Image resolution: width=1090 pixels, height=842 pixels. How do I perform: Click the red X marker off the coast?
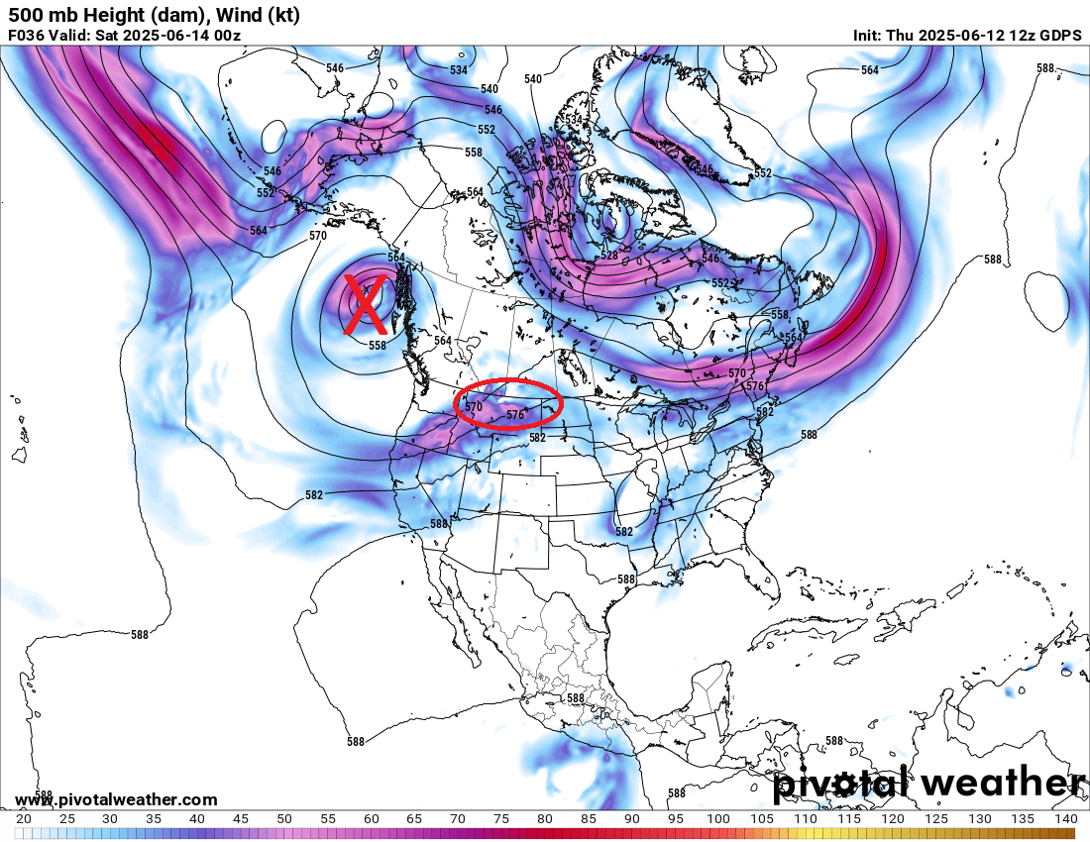(366, 303)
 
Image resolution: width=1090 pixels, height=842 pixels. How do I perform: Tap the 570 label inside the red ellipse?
(474, 406)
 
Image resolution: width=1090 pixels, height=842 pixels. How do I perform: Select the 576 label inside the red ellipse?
(514, 415)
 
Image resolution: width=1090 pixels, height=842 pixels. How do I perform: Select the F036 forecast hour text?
(27, 36)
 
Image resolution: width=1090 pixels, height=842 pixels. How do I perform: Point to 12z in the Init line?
(1015, 36)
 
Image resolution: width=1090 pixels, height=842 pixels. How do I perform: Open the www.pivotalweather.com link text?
(116, 799)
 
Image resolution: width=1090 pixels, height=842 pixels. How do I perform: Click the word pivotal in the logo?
(843, 783)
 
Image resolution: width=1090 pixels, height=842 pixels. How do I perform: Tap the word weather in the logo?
(1002, 783)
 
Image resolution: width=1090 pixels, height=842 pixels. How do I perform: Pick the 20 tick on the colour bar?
(23, 819)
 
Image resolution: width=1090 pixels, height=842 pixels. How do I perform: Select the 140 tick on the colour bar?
(1065, 819)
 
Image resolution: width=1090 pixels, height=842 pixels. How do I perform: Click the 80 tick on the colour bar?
(545, 819)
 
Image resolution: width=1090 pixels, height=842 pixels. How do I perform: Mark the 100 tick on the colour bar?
(717, 819)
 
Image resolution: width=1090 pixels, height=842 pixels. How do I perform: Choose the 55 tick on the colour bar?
(327, 819)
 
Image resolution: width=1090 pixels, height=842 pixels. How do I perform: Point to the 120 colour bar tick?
(892, 819)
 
